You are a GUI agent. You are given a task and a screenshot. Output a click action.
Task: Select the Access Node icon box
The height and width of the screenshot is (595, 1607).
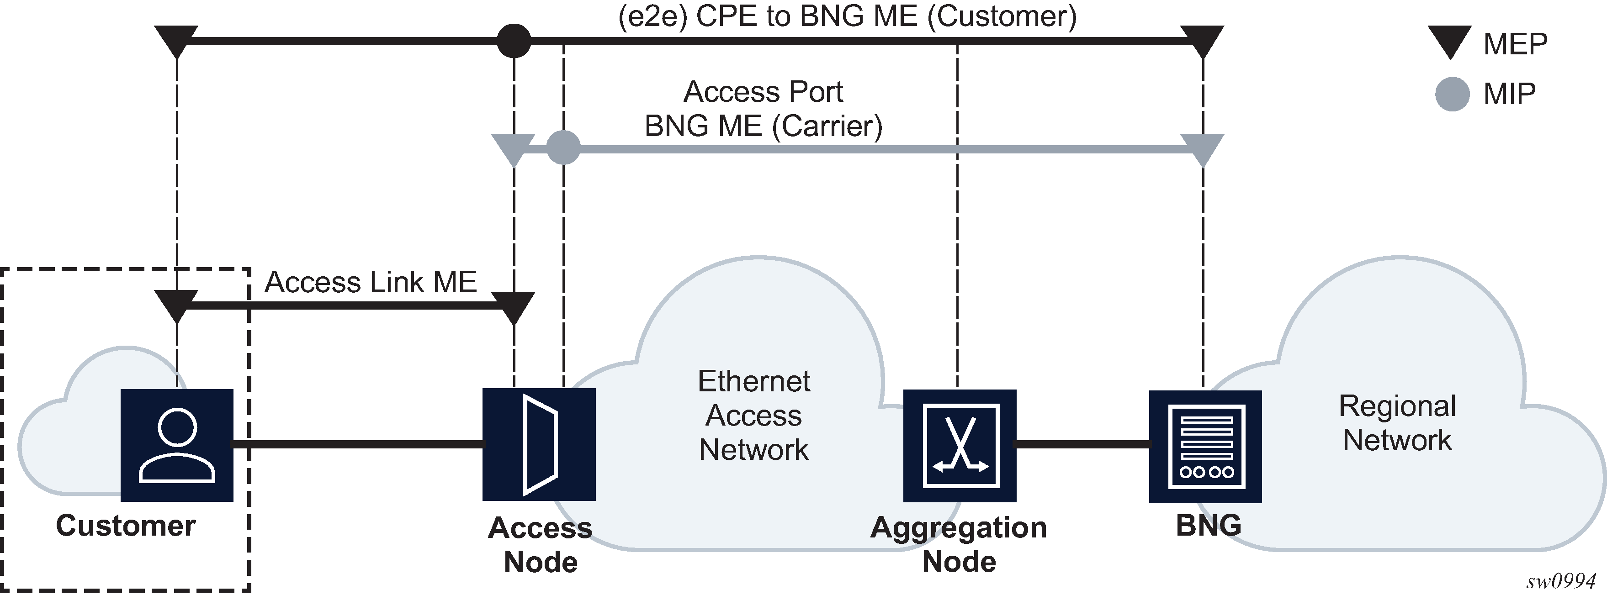(539, 444)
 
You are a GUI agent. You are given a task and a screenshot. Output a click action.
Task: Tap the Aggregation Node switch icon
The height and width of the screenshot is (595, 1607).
(960, 445)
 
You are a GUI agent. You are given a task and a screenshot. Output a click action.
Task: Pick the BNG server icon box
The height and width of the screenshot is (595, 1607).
(1205, 446)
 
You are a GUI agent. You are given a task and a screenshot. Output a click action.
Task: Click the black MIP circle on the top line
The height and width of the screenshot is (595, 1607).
(514, 41)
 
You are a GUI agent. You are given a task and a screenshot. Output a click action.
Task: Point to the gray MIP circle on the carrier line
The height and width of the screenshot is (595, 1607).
(563, 148)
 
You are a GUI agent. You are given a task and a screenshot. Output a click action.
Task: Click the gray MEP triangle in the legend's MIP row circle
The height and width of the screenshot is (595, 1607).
(1452, 94)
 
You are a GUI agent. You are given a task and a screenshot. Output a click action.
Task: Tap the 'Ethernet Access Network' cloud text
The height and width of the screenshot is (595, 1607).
(753, 416)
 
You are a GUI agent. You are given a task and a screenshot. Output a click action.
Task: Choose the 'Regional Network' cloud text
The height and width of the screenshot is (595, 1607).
(1397, 423)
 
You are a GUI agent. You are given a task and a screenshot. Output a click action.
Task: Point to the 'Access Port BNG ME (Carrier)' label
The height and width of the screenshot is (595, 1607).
(763, 109)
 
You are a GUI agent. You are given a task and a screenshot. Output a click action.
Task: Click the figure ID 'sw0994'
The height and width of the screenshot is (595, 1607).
(1560, 581)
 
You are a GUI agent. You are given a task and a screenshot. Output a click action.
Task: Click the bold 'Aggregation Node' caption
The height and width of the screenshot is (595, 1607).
(959, 544)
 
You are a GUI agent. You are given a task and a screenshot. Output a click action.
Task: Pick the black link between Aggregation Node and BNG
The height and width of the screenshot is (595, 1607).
(1082, 444)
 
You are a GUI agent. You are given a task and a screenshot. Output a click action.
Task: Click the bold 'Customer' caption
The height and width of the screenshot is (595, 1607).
(126, 525)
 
